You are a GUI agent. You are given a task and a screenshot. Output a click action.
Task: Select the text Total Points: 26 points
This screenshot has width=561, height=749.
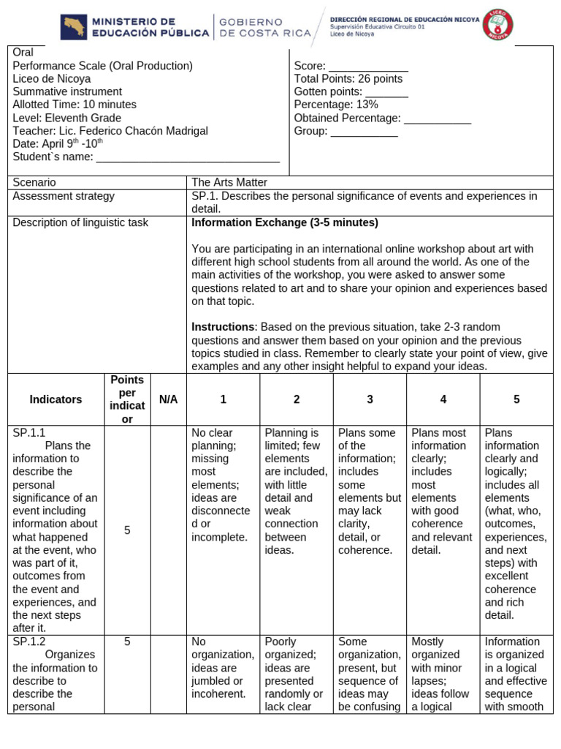348,79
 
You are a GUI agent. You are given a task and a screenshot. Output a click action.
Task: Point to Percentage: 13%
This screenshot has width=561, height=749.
336,105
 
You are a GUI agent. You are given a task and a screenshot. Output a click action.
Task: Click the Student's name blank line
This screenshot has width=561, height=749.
188,157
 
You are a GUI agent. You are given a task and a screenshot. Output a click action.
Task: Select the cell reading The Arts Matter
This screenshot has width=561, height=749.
229,182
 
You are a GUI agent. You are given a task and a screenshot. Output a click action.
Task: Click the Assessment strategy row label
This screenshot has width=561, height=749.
64,196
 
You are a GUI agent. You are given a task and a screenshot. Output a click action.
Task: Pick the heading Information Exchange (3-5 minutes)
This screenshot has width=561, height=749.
284,222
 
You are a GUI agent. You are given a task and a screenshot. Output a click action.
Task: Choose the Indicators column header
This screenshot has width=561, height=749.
56,399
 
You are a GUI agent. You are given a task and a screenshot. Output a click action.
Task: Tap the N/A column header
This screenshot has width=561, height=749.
168,399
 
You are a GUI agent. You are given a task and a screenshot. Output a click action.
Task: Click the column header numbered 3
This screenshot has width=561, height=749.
370,399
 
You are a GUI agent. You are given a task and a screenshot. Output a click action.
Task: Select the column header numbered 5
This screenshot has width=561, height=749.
516,399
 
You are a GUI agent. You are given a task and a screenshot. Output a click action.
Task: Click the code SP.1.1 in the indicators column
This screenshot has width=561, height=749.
29,432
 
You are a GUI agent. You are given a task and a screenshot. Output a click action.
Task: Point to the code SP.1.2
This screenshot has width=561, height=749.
29,641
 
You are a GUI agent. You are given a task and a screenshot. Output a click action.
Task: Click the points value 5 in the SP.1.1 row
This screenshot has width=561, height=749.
127,530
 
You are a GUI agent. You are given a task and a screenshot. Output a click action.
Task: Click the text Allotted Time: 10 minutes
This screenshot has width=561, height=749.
75,105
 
